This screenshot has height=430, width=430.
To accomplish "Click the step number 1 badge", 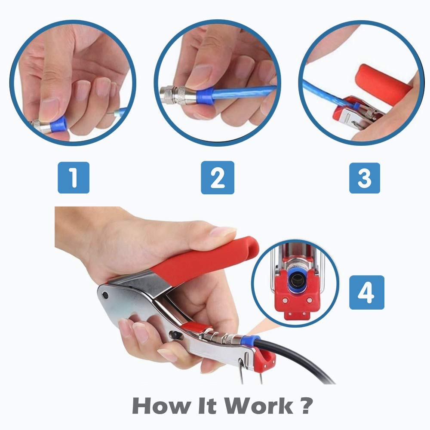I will (x=74, y=178).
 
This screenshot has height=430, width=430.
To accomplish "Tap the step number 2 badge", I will (x=218, y=178).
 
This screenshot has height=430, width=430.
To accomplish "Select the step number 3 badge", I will (x=364, y=178).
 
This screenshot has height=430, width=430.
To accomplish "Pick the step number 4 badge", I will (x=366, y=292).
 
